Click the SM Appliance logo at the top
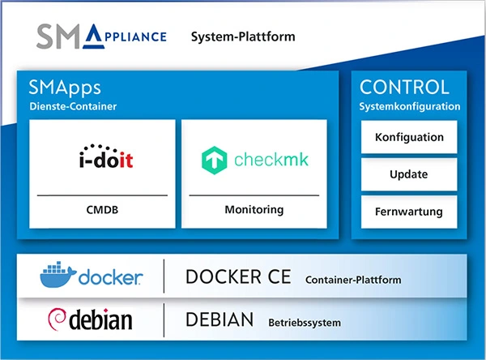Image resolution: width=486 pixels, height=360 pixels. pyautogui.click(x=101, y=36)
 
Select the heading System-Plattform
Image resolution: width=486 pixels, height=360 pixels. pyautogui.click(x=243, y=37)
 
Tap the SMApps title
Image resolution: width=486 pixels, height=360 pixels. pyautogui.click(x=64, y=88)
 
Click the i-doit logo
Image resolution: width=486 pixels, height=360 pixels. pyautogui.click(x=101, y=157)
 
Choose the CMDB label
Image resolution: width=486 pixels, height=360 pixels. pyautogui.click(x=101, y=210)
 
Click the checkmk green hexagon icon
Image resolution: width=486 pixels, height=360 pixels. pyautogui.click(x=214, y=159)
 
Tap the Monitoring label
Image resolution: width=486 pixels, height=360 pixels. pyautogui.click(x=254, y=210)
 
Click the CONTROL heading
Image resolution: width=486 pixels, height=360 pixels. pyautogui.click(x=404, y=88)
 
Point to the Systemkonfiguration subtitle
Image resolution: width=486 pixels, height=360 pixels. pyautogui.click(x=410, y=106)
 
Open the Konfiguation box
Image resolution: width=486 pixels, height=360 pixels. pyautogui.click(x=409, y=138)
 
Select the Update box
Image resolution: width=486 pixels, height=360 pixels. pyautogui.click(x=409, y=174)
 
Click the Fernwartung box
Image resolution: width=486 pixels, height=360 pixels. pyautogui.click(x=409, y=212)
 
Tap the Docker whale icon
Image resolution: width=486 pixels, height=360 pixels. pyautogui.click(x=58, y=276)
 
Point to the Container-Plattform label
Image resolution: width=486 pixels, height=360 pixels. pyautogui.click(x=353, y=280)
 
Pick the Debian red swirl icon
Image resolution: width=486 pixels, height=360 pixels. pyautogui.click(x=58, y=321)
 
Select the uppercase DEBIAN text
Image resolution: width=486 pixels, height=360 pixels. pyautogui.click(x=220, y=321)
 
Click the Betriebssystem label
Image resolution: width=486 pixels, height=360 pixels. pyautogui.click(x=305, y=324)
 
